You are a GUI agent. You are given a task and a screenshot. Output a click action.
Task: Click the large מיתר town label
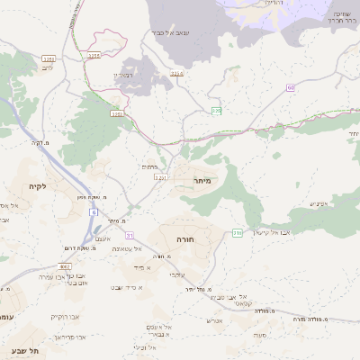click(x=202, y=181)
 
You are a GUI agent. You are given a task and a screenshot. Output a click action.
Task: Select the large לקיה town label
click(x=37, y=186)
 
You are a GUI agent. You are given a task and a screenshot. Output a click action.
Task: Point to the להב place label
click(x=47, y=67)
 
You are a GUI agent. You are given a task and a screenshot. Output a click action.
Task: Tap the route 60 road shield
click(x=291, y=87)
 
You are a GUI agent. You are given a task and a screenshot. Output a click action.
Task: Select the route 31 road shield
click(x=130, y=260)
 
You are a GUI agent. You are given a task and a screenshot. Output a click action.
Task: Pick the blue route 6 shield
click(x=93, y=211)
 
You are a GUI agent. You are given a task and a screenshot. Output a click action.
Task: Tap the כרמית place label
click(x=149, y=167)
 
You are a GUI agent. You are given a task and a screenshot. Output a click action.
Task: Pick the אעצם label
click(x=102, y=236)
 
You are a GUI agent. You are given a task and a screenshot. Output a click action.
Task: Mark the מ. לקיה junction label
click(x=40, y=142)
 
